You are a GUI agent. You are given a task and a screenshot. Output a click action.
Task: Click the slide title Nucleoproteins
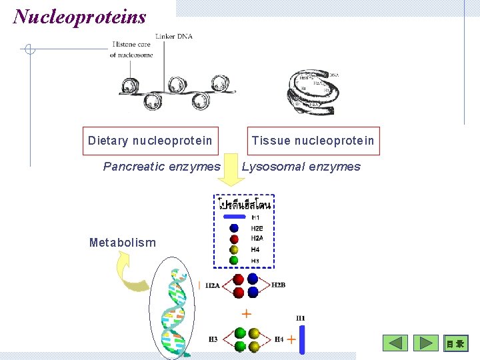click(79, 16)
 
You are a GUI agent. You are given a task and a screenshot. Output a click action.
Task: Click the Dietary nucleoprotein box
click(150, 141)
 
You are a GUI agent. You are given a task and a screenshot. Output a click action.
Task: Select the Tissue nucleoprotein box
click(313, 141)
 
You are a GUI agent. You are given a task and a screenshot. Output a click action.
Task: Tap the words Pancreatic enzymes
click(161, 167)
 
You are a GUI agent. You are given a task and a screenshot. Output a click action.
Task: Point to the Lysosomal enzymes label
click(301, 167)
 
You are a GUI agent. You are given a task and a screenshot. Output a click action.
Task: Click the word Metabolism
click(123, 243)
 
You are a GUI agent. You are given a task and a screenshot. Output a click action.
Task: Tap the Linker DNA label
click(173, 36)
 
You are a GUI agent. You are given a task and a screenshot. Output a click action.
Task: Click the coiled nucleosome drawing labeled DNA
click(309, 89)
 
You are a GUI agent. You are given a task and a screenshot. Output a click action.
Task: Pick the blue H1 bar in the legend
click(235, 217)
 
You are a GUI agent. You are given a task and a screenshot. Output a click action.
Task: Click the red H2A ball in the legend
click(234, 239)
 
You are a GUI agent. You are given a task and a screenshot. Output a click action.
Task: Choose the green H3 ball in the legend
click(234, 260)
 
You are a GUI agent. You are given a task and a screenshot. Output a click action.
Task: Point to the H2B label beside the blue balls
click(279, 285)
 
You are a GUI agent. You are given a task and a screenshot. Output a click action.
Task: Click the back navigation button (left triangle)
click(395, 343)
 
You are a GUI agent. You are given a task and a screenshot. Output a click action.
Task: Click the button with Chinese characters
click(457, 343)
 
